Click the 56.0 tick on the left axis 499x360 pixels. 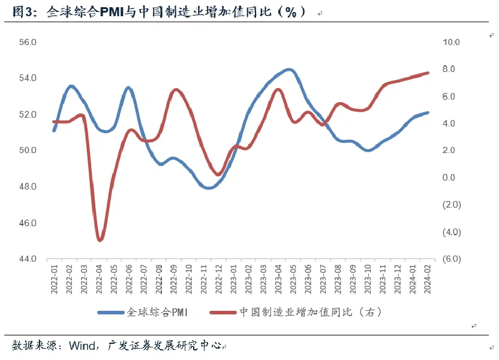(x=29, y=43)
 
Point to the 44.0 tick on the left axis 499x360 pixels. (x=29, y=259)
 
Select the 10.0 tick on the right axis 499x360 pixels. (x=450, y=43)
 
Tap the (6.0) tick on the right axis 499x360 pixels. (x=450, y=259)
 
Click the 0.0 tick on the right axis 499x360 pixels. (x=449, y=178)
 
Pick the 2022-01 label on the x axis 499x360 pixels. (x=55, y=280)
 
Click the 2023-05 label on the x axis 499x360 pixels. (x=294, y=280)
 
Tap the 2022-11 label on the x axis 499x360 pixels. (x=204, y=280)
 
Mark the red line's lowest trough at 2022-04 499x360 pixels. (x=100, y=240)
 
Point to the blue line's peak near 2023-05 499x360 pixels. (x=289, y=70)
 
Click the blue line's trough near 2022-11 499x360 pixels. (x=208, y=188)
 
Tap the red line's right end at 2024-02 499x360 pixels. (x=428, y=73)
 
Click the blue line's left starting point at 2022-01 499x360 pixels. (x=55, y=130)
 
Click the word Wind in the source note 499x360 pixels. (x=81, y=346)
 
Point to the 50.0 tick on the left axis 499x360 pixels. (x=29, y=151)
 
